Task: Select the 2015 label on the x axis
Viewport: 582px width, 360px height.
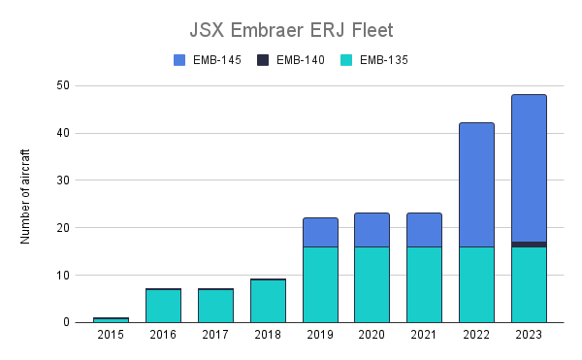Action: (111, 335)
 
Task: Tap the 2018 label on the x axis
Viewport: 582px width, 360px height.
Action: (268, 335)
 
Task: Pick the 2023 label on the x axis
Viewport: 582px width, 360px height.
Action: (530, 335)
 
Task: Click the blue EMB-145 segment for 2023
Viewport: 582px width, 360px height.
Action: (530, 168)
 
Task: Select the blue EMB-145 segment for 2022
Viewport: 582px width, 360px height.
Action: (477, 184)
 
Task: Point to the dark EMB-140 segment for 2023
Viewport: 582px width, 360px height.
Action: (530, 245)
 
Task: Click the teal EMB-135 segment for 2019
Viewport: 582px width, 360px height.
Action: (320, 284)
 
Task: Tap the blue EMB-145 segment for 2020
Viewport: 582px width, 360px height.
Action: (372, 230)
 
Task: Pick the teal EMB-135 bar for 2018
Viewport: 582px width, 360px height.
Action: (268, 301)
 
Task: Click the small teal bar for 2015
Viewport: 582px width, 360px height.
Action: (111, 319)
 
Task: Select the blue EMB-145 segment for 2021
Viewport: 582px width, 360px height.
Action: (425, 230)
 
